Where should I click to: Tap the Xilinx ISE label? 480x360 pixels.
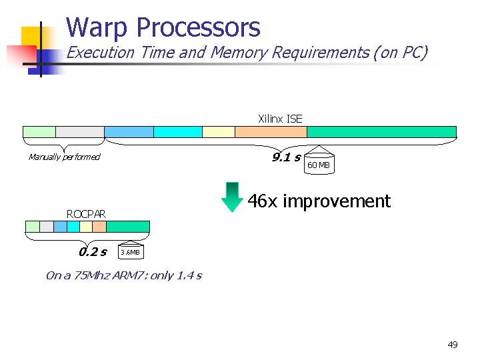[x=280, y=119]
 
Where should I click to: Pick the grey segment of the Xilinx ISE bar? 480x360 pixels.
[x=80, y=132]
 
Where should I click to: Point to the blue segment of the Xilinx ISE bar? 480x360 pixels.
[x=129, y=132]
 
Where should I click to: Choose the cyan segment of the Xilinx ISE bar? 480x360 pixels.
[x=177, y=132]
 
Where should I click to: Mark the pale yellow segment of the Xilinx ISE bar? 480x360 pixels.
[x=219, y=132]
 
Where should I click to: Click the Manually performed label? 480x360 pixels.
[x=64, y=157]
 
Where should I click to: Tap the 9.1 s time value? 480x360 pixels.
[x=286, y=157]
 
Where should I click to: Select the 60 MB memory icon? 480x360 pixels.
[x=319, y=163]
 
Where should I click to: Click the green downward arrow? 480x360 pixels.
[x=232, y=196]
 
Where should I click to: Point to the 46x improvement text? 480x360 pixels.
[x=319, y=201]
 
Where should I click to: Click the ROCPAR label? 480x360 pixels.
[x=86, y=214]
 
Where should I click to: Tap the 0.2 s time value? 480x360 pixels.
[x=93, y=252]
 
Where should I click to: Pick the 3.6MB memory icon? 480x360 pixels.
[x=131, y=251]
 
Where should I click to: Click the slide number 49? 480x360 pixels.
[x=453, y=345]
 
